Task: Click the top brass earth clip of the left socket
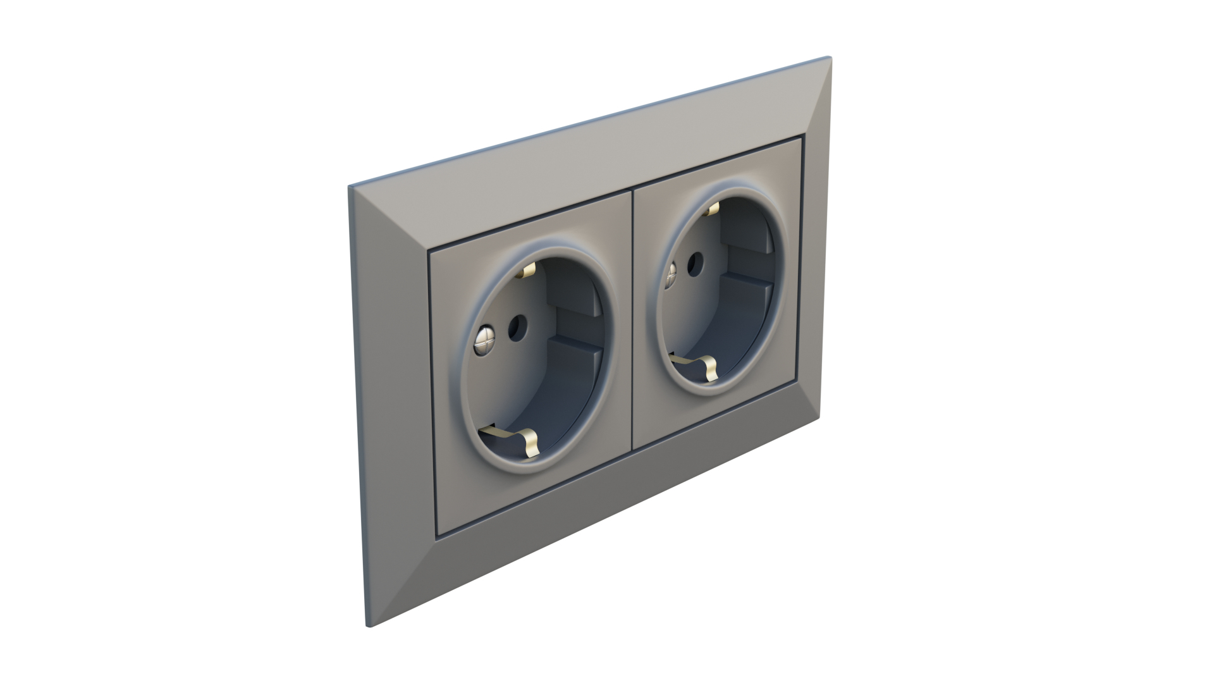[x=527, y=271]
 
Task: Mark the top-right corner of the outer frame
[x=830, y=58]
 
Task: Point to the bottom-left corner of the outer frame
[x=369, y=626]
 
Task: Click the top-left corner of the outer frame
[x=349, y=187]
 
